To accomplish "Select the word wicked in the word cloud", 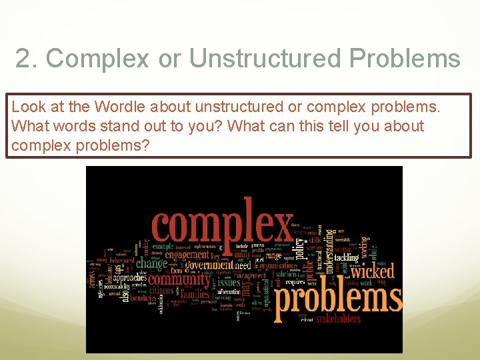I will pyautogui.click(x=373, y=271).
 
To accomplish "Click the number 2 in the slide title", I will pyautogui.click(x=23, y=59).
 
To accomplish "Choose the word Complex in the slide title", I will pyautogui.click(x=97, y=59).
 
